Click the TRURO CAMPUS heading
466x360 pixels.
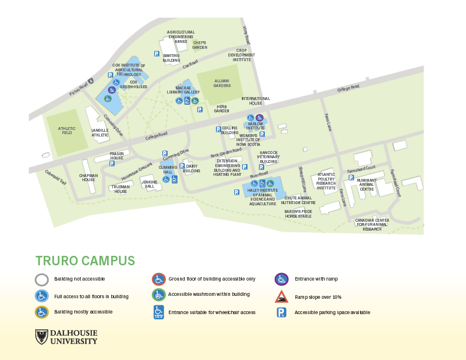85,261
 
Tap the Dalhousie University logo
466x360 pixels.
66,337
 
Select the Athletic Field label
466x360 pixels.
67,131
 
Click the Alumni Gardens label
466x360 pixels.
222,83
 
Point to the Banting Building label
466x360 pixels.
171,58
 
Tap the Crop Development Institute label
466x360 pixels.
241,55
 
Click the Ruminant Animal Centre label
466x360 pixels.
367,185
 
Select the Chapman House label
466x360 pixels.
88,177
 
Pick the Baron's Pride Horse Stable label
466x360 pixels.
298,213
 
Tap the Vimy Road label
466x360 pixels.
247,35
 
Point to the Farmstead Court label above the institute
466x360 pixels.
361,168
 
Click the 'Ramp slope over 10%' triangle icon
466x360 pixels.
282,296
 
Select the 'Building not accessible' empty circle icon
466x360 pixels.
42,279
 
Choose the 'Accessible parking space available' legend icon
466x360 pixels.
282,312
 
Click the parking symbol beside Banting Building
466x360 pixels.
157,54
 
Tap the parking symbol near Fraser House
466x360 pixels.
111,164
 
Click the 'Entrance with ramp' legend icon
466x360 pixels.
282,279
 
